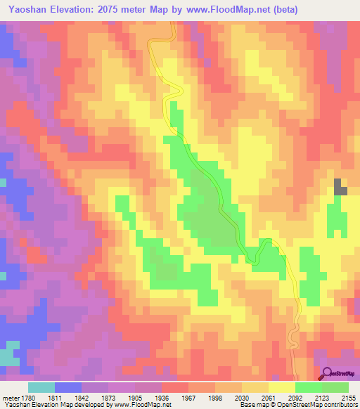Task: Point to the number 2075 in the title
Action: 113,10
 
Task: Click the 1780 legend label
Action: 29,397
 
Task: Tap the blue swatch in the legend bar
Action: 68,387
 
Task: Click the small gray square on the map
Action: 340,186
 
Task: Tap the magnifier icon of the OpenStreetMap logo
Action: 328,374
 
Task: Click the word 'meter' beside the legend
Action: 10,397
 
